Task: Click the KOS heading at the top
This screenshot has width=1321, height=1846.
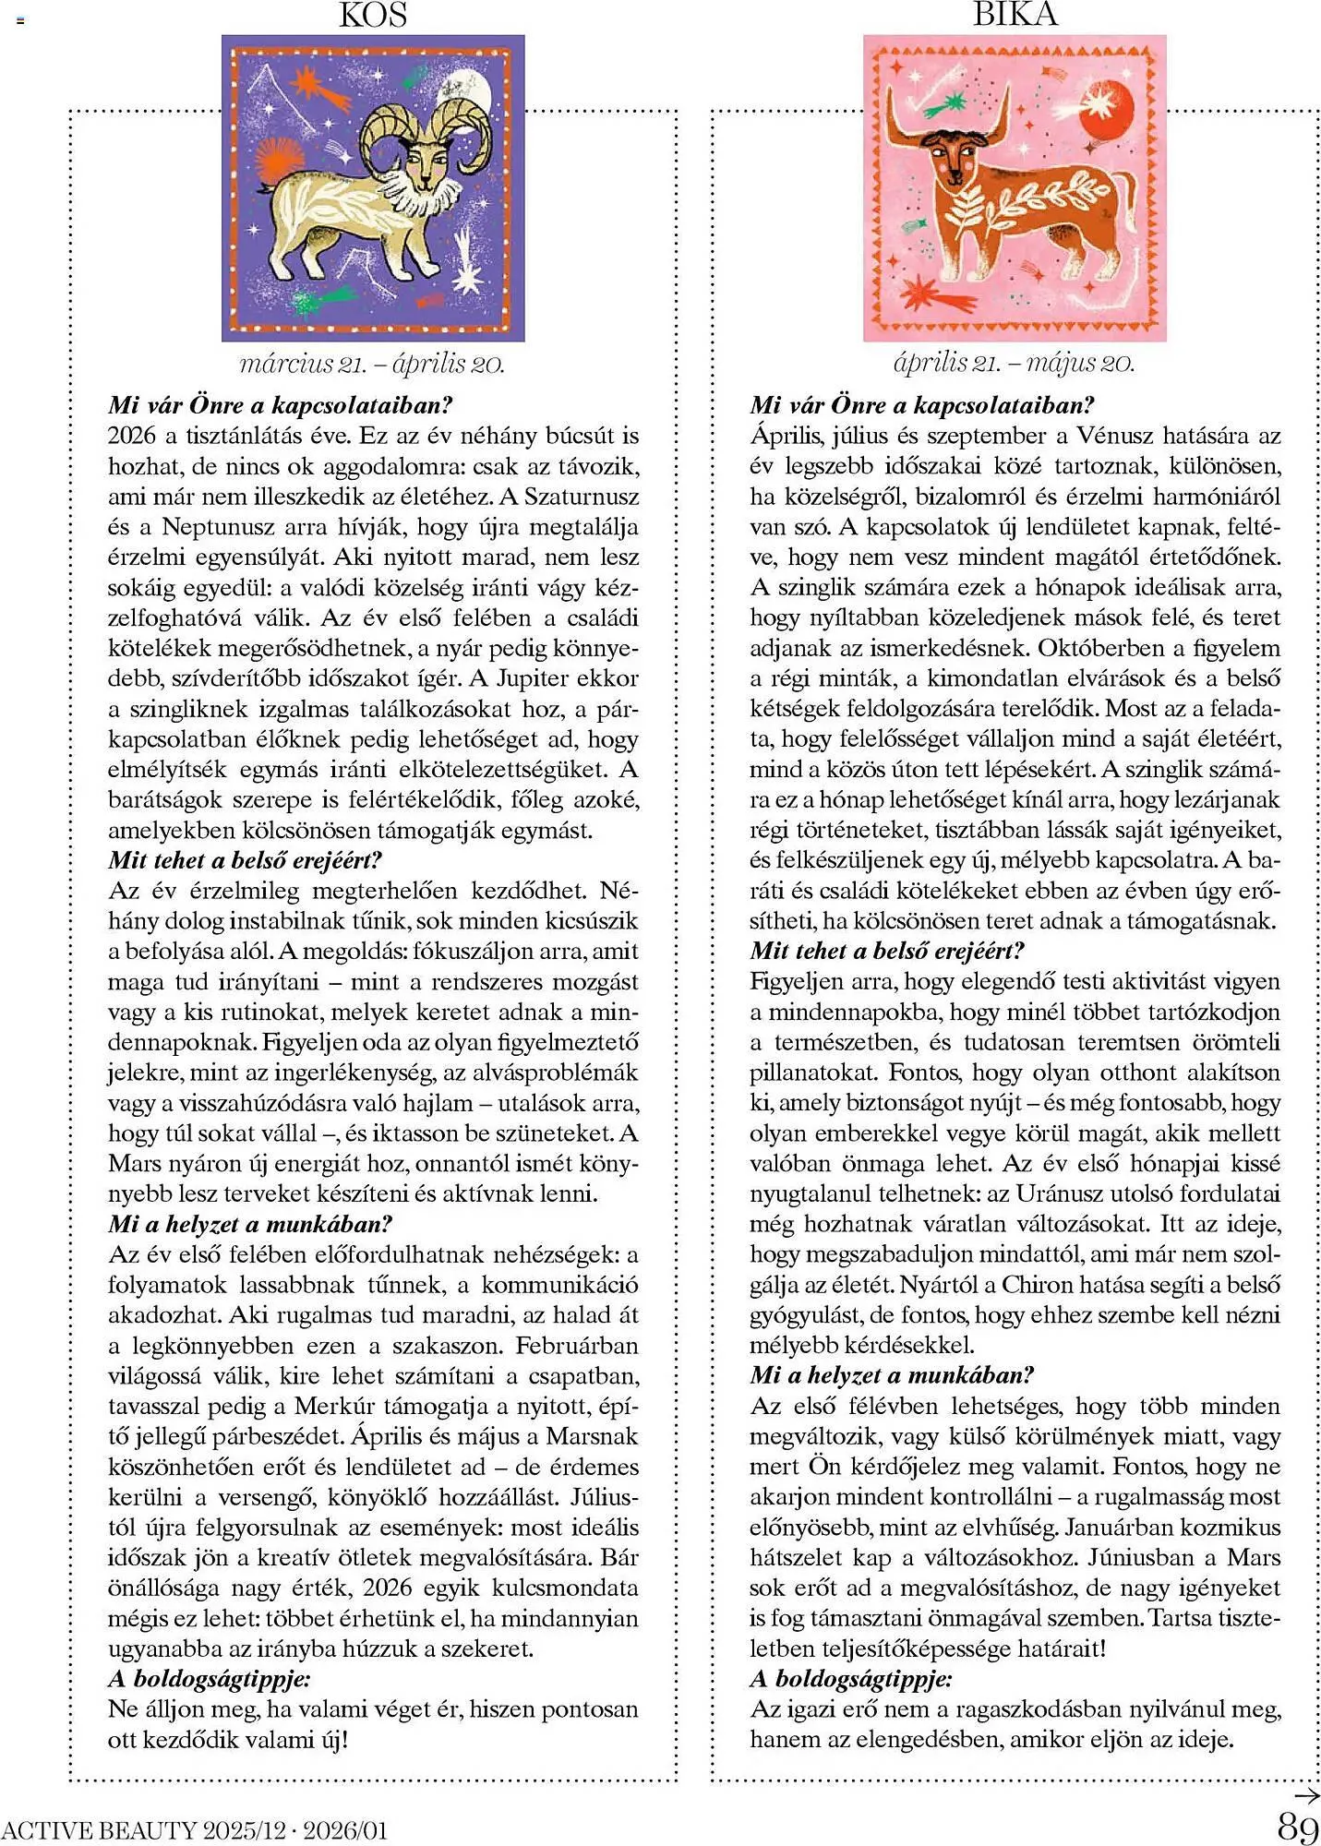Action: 373,15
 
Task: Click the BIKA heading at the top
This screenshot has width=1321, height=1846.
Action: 1015,13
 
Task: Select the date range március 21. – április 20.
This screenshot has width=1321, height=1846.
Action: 372,364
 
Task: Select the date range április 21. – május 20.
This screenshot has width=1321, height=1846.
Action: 1014,363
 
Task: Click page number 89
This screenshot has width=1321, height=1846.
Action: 1297,1827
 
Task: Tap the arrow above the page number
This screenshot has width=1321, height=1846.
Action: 1306,1795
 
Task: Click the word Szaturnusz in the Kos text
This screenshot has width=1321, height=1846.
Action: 582,497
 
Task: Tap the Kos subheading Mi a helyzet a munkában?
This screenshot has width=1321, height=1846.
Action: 250,1224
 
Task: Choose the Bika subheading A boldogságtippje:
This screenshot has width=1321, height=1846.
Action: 851,1678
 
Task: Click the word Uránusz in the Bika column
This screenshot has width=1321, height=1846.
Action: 1069,1193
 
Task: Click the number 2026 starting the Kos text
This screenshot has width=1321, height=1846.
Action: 132,436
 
